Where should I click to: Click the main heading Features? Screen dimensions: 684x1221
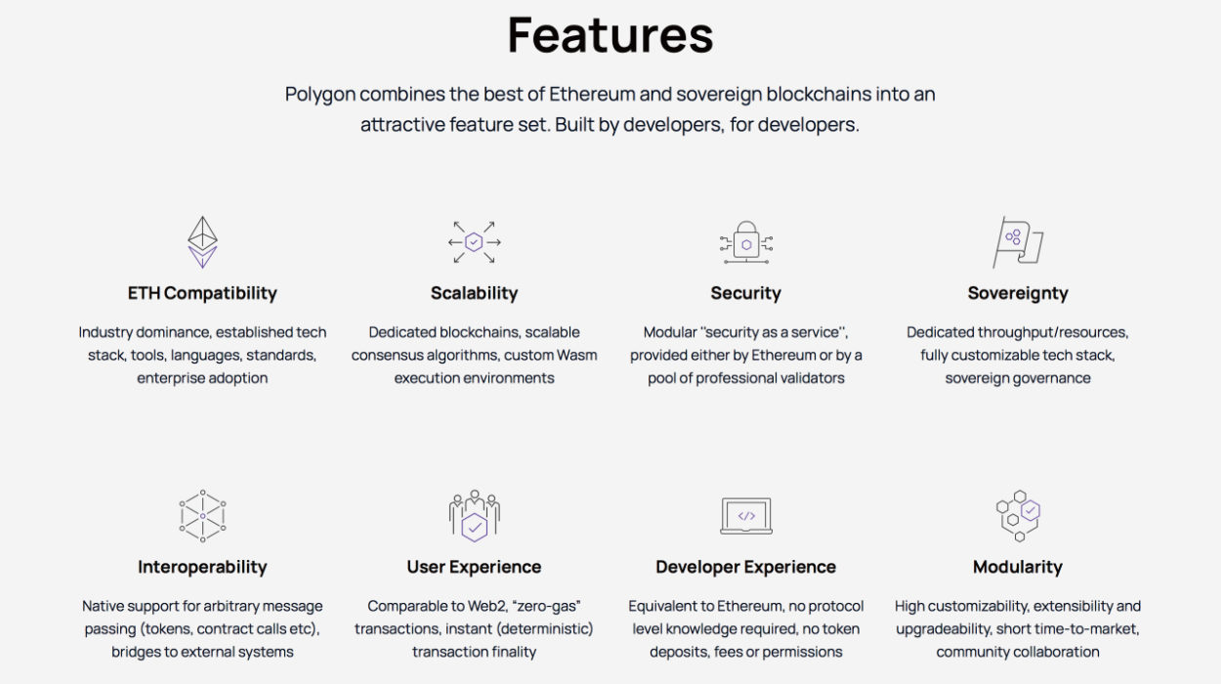[610, 35]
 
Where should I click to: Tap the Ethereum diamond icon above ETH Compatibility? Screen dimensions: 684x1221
[202, 241]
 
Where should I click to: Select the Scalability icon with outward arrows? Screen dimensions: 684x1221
[474, 241]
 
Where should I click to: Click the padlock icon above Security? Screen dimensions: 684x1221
[745, 241]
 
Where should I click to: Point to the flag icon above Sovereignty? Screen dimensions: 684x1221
[1017, 241]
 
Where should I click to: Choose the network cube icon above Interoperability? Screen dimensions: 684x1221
[202, 516]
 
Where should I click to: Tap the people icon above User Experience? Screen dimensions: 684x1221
[474, 516]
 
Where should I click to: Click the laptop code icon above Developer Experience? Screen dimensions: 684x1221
[745, 516]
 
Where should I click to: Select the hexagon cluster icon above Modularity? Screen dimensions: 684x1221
[1017, 516]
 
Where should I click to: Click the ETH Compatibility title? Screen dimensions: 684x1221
[202, 293]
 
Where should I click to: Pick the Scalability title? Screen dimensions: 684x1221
[474, 293]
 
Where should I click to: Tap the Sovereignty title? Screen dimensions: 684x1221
[1018, 293]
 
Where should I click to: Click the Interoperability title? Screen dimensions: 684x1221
[202, 567]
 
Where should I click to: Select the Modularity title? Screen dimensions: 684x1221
[1018, 567]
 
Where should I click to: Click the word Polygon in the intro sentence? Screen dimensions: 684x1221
[319, 95]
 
